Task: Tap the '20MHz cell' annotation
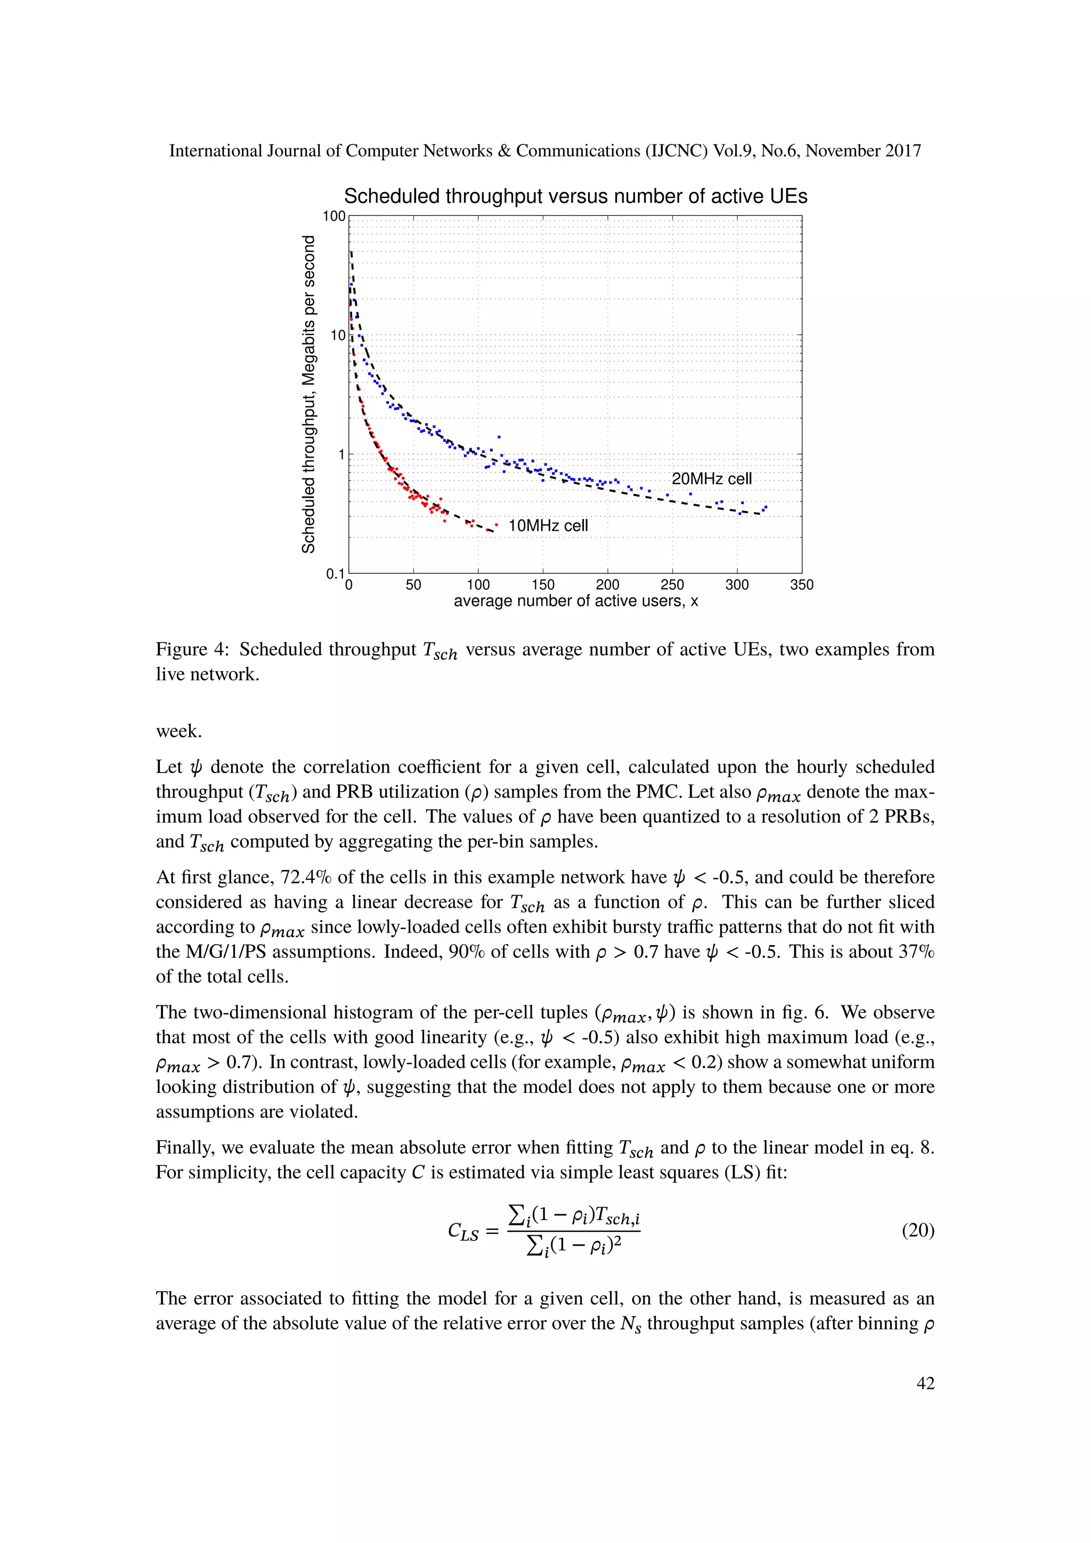coord(711,478)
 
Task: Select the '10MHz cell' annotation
coord(548,525)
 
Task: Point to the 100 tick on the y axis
coord(334,216)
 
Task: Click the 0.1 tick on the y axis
coord(335,573)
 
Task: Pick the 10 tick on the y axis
coord(337,335)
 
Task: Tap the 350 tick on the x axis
coord(801,584)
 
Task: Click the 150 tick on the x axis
coord(543,584)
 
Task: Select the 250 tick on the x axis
coord(672,584)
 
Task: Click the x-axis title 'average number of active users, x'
coord(576,601)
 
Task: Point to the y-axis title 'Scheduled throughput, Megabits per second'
coord(308,394)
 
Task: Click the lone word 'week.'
coord(178,731)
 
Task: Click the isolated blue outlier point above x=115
coord(499,437)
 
